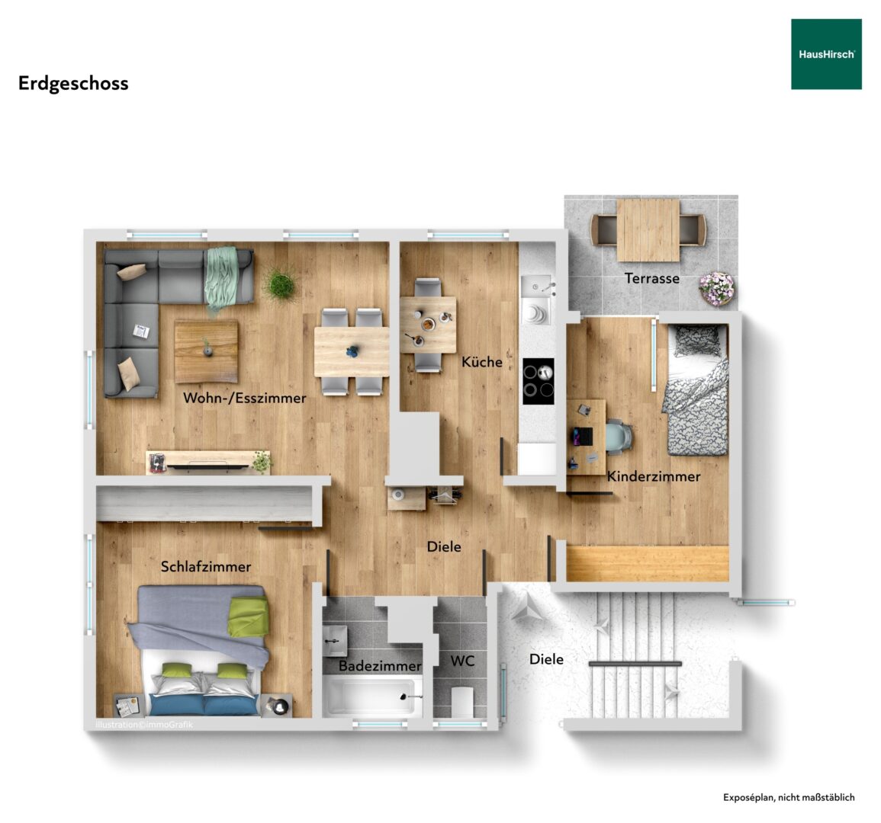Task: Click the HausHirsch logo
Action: [x=826, y=54]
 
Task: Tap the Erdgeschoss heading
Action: [x=73, y=84]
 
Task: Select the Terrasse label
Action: [x=651, y=278]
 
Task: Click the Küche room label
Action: [x=481, y=361]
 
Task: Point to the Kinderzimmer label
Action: [x=654, y=476]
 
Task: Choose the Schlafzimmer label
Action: [x=206, y=566]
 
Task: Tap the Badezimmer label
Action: [x=380, y=666]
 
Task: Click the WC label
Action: [x=462, y=661]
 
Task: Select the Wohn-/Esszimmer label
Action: [x=244, y=398]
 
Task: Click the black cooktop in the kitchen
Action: [x=539, y=381]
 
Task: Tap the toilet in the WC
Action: [x=461, y=702]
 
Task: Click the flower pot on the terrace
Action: [x=716, y=289]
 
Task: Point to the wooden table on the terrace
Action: [x=648, y=229]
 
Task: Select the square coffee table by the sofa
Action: [x=206, y=351]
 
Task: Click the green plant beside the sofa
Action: [x=281, y=284]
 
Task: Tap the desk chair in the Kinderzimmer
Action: [x=619, y=436]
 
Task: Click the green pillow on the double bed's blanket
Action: [x=248, y=616]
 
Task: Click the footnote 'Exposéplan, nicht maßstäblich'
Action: [x=789, y=797]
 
